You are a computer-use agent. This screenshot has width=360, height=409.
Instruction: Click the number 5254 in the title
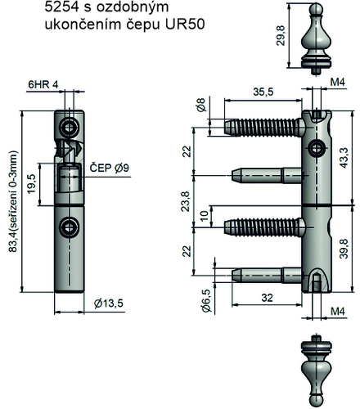coord(61,7)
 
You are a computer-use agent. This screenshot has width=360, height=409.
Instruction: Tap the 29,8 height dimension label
coord(280,35)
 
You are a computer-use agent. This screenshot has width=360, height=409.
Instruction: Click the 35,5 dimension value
coord(263,92)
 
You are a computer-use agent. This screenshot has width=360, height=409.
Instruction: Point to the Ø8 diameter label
coord(200,105)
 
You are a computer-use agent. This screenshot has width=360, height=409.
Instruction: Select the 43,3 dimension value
coord(344,158)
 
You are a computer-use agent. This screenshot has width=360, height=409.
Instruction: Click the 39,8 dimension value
coord(344,249)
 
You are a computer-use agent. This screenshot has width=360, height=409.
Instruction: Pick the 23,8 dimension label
coord(186,201)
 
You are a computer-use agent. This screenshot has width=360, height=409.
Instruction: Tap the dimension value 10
coord(205,216)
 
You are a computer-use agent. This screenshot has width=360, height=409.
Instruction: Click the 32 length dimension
coord(267,298)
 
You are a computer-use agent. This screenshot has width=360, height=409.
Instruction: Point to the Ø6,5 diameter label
coord(206,301)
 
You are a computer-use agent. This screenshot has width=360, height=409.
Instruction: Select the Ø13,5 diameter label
coord(109,303)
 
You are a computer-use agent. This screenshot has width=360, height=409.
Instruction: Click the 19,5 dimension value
coord(31,184)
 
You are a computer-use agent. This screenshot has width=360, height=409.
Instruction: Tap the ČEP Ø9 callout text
coord(109,168)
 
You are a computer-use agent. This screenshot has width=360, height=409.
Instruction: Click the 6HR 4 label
coord(43,84)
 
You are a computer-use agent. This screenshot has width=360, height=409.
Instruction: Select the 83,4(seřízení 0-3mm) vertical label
coord(13,201)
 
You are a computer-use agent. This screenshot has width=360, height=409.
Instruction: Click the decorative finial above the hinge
coord(316,38)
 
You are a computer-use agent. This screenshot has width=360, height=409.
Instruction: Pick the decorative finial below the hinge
coord(317,371)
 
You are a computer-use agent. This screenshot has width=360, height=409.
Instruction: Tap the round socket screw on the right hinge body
coord(316,149)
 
